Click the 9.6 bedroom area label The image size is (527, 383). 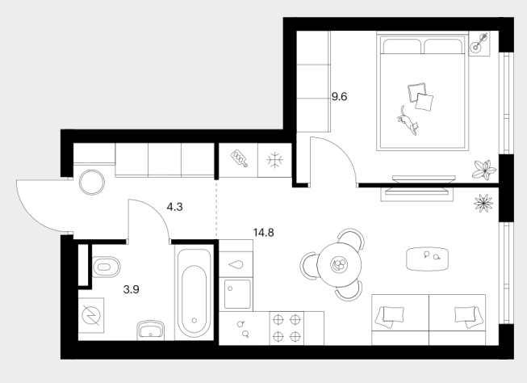pos(339,97)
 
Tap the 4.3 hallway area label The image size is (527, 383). pos(175,207)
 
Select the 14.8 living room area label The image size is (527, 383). pos(263,233)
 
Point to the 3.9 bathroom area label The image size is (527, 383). pos(131,289)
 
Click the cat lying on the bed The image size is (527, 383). pos(408,121)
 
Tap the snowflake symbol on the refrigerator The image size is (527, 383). pos(274,160)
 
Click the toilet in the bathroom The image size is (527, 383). pos(106,267)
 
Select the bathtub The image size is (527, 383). pos(194,293)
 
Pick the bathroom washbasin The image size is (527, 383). pos(150,330)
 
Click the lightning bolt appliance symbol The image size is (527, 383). pos(91,316)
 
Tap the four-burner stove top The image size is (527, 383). pos(287,328)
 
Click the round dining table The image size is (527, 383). pos(339,264)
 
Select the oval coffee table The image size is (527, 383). pos(427,259)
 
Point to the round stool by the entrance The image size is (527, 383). pos(92,183)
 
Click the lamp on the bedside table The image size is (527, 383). pos(479,44)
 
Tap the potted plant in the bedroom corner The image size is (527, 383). pos(484,170)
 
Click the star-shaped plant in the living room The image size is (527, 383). pos(483,204)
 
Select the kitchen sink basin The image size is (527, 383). pos(237,294)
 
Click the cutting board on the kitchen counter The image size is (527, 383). pos(239,158)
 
